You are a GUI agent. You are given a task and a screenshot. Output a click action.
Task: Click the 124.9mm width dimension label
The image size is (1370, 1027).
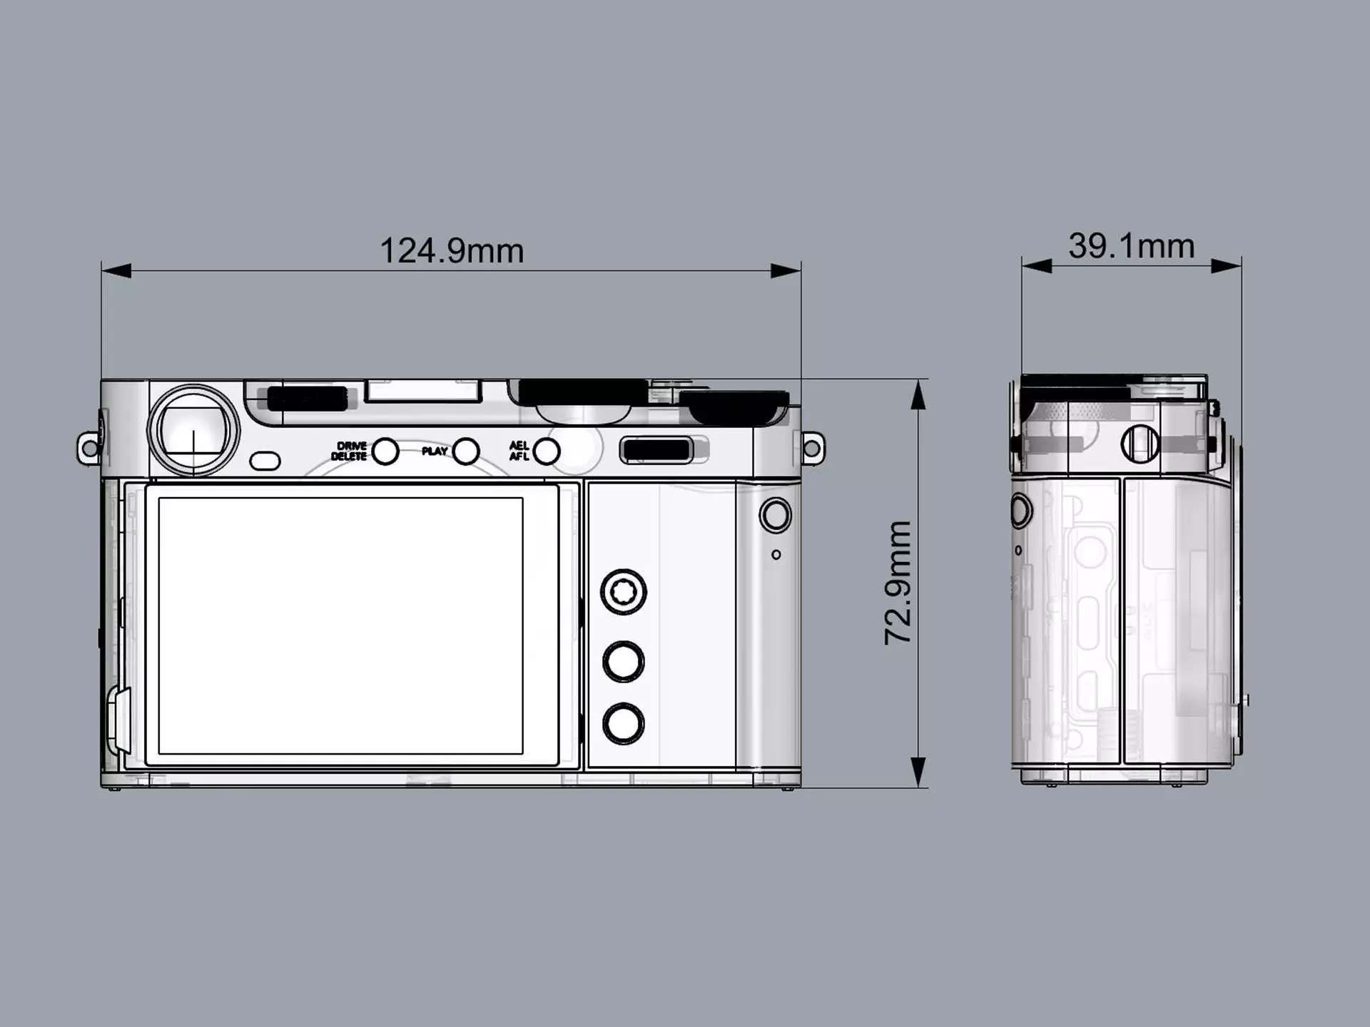(x=452, y=251)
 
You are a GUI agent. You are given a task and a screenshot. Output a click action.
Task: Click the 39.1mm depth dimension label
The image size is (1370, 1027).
(x=1131, y=246)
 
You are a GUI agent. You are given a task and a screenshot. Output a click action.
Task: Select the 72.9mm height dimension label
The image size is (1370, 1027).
(x=898, y=583)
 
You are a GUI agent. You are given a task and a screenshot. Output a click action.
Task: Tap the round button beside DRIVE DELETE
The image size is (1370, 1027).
(x=385, y=451)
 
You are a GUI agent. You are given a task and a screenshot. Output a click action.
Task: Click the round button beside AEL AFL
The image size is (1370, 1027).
(x=547, y=451)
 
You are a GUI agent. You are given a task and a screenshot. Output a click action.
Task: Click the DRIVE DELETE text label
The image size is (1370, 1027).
(x=349, y=451)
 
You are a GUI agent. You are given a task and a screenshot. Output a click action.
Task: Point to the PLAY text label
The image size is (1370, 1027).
(x=434, y=451)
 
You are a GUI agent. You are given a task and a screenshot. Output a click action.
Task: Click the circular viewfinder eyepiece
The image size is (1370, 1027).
(x=193, y=431)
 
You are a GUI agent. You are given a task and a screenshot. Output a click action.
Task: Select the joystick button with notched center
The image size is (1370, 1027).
(x=624, y=591)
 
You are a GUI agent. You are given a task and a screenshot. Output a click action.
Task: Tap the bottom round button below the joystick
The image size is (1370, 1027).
(x=624, y=724)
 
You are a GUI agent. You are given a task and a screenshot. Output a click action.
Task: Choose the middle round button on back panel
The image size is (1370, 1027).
(x=624, y=661)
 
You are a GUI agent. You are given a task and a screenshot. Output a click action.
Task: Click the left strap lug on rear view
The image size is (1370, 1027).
(x=88, y=449)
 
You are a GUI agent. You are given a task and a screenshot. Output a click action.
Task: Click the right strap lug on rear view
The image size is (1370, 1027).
(x=813, y=449)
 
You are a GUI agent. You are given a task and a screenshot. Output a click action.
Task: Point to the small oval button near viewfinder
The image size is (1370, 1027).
(x=265, y=461)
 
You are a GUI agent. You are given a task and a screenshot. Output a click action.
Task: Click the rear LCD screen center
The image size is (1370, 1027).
(x=341, y=625)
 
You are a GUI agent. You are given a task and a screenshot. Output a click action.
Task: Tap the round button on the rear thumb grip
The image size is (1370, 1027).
(x=776, y=515)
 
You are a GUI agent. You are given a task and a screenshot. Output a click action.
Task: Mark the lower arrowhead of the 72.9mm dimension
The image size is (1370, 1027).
(x=918, y=774)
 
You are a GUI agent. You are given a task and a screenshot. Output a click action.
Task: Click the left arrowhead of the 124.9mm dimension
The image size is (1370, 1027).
(x=116, y=271)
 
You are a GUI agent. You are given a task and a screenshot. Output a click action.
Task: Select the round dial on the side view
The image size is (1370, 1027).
(x=1140, y=444)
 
